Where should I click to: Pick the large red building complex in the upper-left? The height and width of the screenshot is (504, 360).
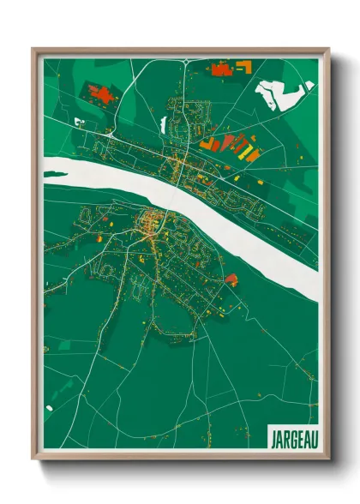point(100,94)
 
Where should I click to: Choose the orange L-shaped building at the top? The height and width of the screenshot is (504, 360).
point(243,67)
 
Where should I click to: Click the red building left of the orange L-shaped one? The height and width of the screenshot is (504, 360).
point(221,69)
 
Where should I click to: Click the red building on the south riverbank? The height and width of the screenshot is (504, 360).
point(231,279)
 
